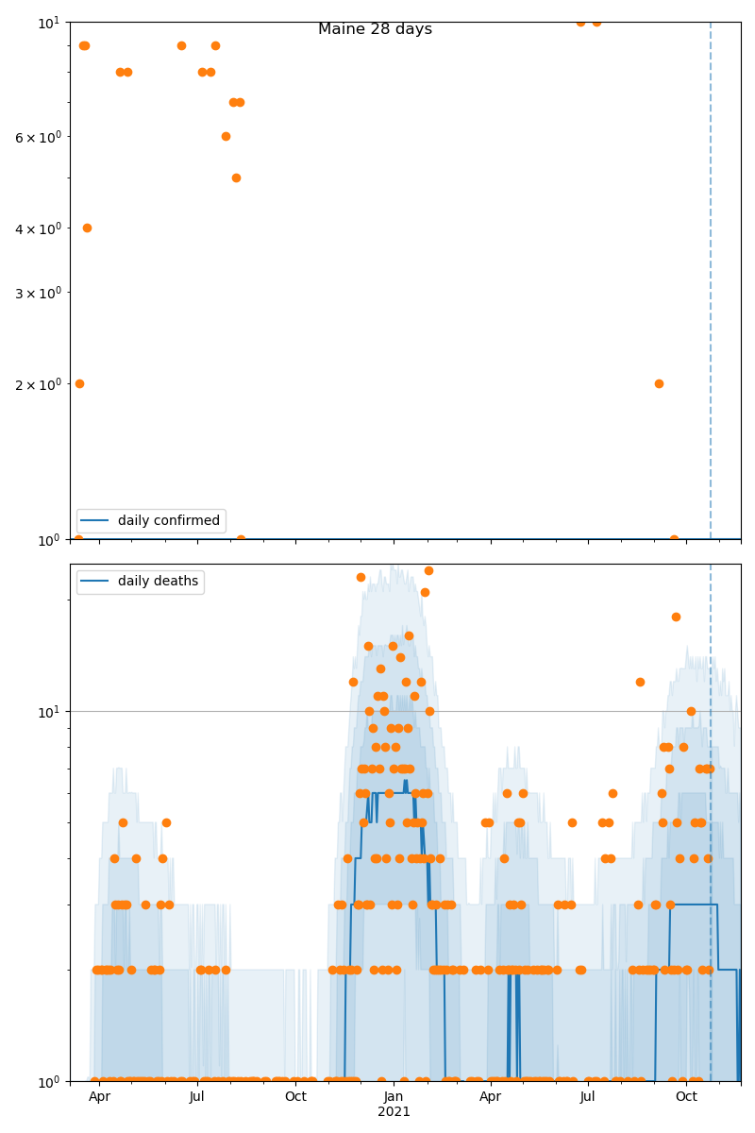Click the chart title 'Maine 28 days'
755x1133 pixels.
[x=375, y=29]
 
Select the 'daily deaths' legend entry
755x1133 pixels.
[x=158, y=581]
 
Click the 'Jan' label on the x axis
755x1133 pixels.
[x=394, y=1096]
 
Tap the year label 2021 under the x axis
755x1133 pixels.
[x=394, y=1111]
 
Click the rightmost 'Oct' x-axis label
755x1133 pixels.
[x=686, y=1096]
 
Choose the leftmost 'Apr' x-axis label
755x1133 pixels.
[x=99, y=1096]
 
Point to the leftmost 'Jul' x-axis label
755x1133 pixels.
[x=196, y=1096]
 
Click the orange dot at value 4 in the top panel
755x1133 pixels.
[x=87, y=228]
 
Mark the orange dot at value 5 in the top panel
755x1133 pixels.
[x=236, y=178]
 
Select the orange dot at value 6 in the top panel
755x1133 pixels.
[x=226, y=136]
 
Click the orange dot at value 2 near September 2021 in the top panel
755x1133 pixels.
[x=659, y=383]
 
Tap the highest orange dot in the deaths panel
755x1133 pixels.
[x=428, y=570]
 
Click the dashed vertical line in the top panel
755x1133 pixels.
[x=711, y=283]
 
